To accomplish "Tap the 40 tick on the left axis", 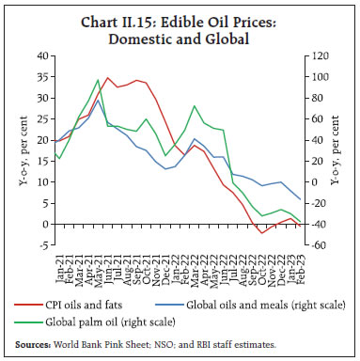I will (x=41, y=57).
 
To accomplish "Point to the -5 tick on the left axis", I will (x=43, y=245).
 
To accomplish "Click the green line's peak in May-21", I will (x=99, y=81).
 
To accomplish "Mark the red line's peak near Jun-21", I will (x=108, y=78).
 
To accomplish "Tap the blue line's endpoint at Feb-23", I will (x=300, y=199).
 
